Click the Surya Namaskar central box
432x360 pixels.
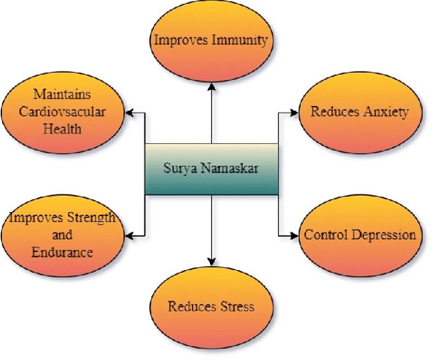pyautogui.click(x=212, y=169)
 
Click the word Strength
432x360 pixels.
pyautogui.click(x=87, y=218)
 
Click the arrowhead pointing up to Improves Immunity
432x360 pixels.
pyautogui.click(x=212, y=85)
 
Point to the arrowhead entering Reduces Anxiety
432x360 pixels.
pyautogui.click(x=294, y=112)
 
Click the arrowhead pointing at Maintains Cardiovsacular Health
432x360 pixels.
pyautogui.click(x=131, y=112)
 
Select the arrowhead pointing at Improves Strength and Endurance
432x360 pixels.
pyautogui.click(x=131, y=235)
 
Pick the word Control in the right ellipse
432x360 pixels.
pyautogui.click(x=325, y=235)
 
